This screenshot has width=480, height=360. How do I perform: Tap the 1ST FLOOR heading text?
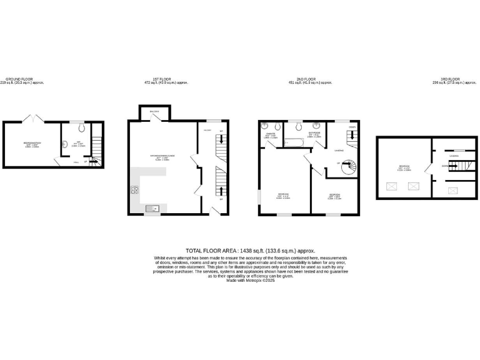[x=166, y=79]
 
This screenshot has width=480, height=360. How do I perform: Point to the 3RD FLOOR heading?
[x=453, y=79]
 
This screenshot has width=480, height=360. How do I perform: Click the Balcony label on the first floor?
[x=154, y=112]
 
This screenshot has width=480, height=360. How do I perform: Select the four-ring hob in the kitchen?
[x=134, y=191]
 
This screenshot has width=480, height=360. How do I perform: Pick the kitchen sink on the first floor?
[x=152, y=208]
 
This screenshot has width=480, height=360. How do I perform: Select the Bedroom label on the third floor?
[x=404, y=167]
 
